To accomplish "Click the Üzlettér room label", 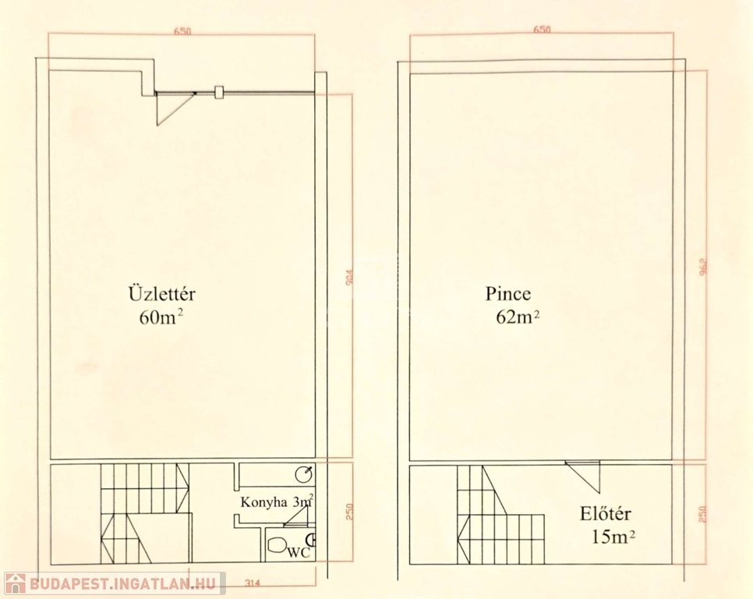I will click(161, 295).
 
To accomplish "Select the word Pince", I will click(507, 294).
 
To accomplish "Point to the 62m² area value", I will click(518, 317).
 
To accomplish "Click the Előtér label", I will click(605, 514).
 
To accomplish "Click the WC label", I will click(297, 552).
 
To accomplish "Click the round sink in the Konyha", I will click(306, 473).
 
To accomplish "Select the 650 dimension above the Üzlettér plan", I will click(182, 31).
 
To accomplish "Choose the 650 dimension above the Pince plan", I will click(541, 30).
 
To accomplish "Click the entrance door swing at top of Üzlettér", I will click(173, 107).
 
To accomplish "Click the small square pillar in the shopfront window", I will click(219, 91).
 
